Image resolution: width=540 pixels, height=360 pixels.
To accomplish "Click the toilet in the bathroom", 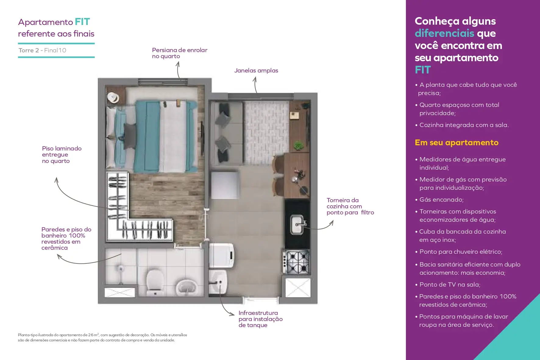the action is click(x=155, y=282).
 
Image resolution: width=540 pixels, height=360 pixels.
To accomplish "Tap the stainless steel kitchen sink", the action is click(x=297, y=224).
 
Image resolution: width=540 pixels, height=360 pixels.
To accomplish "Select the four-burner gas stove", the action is click(x=296, y=262).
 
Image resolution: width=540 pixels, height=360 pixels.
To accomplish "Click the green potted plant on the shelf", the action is click(x=298, y=145).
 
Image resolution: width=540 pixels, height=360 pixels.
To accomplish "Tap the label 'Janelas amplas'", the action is click(x=256, y=70).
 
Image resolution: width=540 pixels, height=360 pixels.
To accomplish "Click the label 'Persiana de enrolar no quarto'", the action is click(x=179, y=53).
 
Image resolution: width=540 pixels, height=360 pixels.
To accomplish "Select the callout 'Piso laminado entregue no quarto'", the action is click(x=62, y=155).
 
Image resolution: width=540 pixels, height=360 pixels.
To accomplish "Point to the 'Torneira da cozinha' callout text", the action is click(x=350, y=206).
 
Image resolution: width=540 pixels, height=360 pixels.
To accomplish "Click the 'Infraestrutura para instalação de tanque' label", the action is click(x=261, y=319).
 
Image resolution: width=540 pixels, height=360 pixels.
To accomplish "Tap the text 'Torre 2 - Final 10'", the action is click(x=42, y=50).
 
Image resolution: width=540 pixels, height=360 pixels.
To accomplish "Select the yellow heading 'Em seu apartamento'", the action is click(x=457, y=143).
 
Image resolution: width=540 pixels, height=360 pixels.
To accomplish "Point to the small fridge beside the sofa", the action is click(x=225, y=185).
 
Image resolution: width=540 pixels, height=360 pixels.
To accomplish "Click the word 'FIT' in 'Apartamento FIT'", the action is click(x=82, y=22).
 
